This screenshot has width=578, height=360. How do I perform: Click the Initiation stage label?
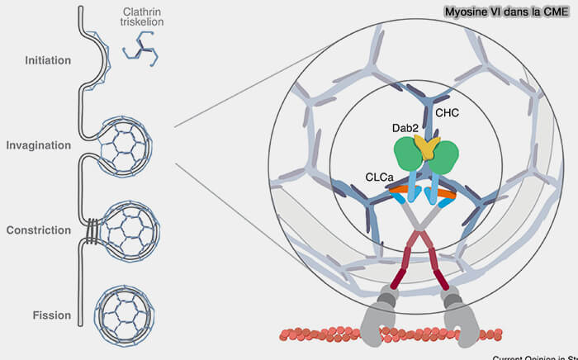click(49, 60)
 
